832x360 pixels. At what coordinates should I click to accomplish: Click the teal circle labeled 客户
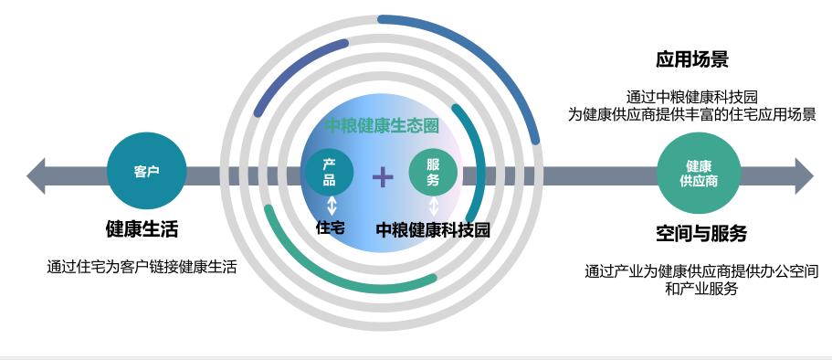(146, 172)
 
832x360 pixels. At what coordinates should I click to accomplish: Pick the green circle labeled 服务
(433, 173)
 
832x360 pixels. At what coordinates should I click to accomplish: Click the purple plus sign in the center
(383, 176)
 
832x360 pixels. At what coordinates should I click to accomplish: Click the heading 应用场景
(691, 60)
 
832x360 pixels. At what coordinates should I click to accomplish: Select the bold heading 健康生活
(147, 228)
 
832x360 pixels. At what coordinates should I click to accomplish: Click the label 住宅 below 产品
(330, 228)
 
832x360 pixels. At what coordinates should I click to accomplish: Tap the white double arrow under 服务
(434, 206)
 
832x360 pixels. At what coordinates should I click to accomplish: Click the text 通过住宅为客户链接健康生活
(142, 268)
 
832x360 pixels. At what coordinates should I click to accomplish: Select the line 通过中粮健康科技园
(692, 96)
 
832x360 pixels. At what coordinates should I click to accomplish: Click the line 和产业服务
(700, 289)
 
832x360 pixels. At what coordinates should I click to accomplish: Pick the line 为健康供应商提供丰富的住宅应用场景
(691, 114)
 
